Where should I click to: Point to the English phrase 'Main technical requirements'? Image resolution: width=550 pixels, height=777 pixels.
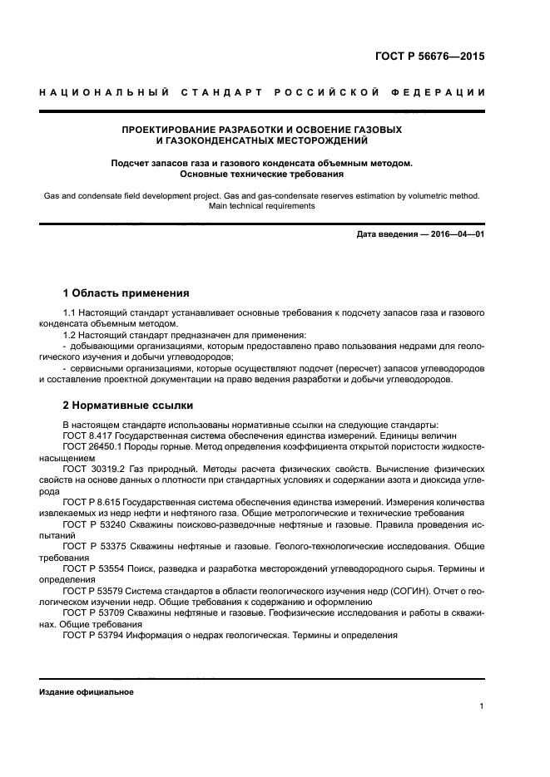[x=261, y=206]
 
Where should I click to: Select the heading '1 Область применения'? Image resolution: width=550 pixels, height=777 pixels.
[x=126, y=293]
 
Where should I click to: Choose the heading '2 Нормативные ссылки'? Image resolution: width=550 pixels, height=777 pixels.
[x=128, y=406]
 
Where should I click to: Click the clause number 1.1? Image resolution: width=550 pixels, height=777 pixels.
[x=70, y=312]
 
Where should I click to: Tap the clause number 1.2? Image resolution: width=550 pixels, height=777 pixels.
[x=70, y=335]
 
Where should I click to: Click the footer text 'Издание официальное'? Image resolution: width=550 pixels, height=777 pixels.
[x=86, y=692]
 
